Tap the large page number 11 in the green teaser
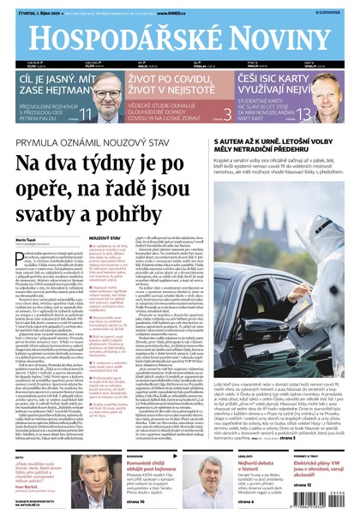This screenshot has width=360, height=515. (x=85, y=113)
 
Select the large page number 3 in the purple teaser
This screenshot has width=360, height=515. (x=226, y=113)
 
